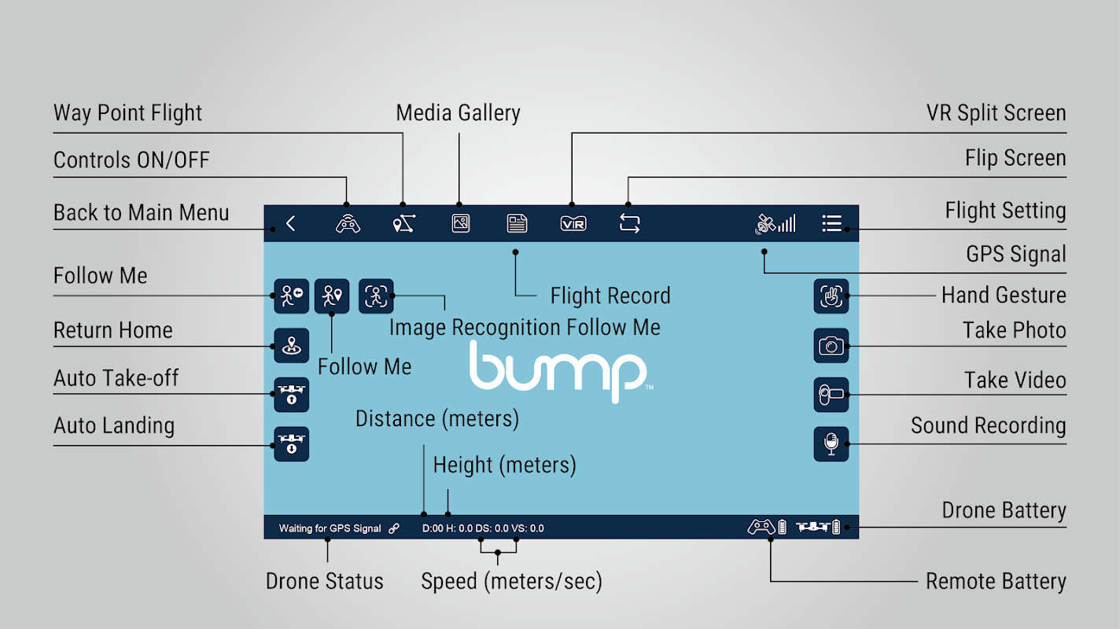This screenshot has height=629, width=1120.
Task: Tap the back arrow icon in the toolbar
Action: [x=290, y=223]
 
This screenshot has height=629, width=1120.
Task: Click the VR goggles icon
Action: [x=573, y=223]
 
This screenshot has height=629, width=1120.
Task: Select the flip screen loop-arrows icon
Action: [x=629, y=223]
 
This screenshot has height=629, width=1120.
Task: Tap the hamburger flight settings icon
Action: [x=831, y=223]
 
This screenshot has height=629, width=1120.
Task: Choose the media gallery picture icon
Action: [x=461, y=223]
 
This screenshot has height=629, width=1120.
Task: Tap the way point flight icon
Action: [x=403, y=224]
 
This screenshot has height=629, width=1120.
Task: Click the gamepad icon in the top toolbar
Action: [x=348, y=224]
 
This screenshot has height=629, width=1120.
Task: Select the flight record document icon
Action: [x=517, y=223]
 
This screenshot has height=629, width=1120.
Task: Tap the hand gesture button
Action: [x=831, y=296]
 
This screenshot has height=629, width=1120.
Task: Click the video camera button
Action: [x=831, y=395]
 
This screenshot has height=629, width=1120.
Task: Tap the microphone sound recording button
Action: [x=831, y=444]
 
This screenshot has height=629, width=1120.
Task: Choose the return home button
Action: [x=291, y=345]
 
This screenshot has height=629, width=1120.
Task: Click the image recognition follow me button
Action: [x=376, y=296]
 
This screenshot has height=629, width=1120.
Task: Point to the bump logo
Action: [x=558, y=370]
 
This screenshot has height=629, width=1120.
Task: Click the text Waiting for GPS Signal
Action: [x=330, y=528]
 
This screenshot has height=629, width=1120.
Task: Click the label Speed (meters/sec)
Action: [x=511, y=582]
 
